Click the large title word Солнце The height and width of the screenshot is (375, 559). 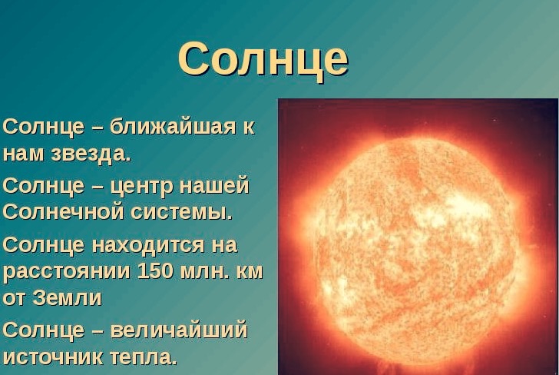pyautogui.click(x=263, y=60)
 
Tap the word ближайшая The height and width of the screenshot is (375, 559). pyautogui.click(x=173, y=126)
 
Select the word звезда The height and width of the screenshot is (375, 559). pyautogui.click(x=91, y=154)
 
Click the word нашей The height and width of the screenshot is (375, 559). pyautogui.click(x=214, y=185)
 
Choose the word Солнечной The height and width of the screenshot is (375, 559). pyautogui.click(x=63, y=211)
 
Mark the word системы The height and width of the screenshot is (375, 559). pyautogui.click(x=181, y=212)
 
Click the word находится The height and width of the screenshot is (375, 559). pyautogui.click(x=148, y=245)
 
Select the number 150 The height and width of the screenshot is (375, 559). pyautogui.click(x=155, y=271)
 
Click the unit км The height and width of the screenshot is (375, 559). pyautogui.click(x=250, y=272)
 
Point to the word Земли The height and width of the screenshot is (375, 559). pyautogui.click(x=67, y=297)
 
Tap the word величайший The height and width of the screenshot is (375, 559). pyautogui.click(x=178, y=330)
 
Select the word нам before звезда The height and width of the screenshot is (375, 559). pyautogui.click(x=24, y=154)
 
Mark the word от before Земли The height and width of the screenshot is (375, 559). pyautogui.click(x=15, y=297)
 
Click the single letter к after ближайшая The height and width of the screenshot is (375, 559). pyautogui.click(x=249, y=128)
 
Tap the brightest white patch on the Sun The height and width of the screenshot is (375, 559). pyautogui.click(x=460, y=206)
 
